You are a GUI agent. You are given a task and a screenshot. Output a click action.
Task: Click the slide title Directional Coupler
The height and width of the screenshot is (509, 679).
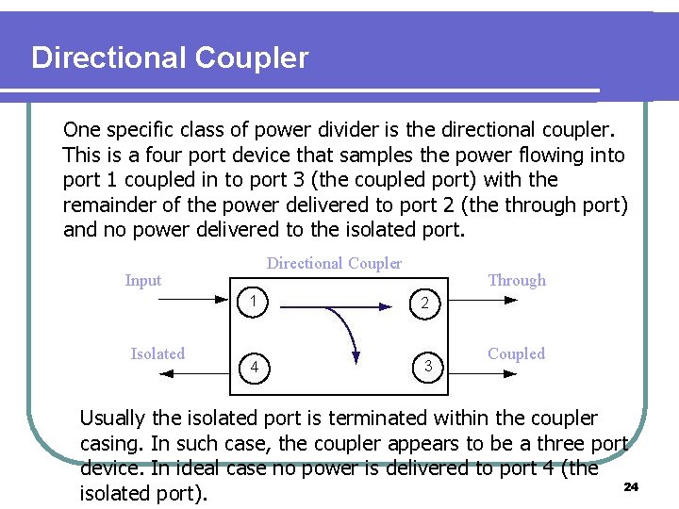pyautogui.click(x=170, y=58)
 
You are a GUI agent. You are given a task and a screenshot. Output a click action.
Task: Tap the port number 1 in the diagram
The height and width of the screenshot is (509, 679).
pyautogui.click(x=255, y=302)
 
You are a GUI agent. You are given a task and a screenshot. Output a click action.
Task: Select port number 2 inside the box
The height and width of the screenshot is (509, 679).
pyautogui.click(x=425, y=304)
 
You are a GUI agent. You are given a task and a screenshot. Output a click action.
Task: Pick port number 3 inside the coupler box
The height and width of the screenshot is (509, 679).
pyautogui.click(x=427, y=365)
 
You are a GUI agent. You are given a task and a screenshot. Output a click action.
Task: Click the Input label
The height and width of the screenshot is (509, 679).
pyautogui.click(x=143, y=280)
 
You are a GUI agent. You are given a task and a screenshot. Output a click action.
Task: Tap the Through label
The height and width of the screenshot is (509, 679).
pyautogui.click(x=517, y=280)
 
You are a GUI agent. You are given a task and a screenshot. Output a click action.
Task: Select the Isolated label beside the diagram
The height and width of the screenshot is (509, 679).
pyautogui.click(x=157, y=353)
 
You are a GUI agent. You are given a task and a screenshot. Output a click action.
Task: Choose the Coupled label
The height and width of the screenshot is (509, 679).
pyautogui.click(x=516, y=353)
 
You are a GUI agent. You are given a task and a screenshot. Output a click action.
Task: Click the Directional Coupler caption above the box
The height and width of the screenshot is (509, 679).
pyautogui.click(x=334, y=264)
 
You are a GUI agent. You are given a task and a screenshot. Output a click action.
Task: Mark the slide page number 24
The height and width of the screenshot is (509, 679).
pyautogui.click(x=632, y=486)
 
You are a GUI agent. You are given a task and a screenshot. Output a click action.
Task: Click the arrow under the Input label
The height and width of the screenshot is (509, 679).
pyautogui.click(x=183, y=301)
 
